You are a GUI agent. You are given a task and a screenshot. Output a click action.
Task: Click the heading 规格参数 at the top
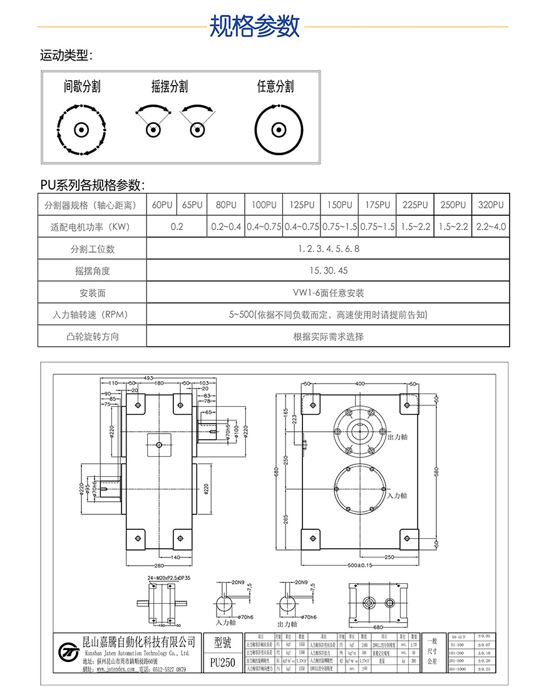[254, 26]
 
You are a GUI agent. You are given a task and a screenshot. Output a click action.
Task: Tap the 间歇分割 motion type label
[82, 86]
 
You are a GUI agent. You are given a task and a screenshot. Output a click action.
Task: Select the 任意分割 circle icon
[275, 130]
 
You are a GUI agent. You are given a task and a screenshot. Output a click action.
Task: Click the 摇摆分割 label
[170, 86]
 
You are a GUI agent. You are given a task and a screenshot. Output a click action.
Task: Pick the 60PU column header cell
[162, 205]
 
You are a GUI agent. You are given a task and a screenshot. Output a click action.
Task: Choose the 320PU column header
[490, 205]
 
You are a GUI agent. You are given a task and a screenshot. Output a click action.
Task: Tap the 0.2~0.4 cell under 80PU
[225, 226]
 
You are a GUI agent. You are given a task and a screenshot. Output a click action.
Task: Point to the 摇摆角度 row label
[92, 271]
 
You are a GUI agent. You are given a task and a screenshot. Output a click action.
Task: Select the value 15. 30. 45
[328, 271]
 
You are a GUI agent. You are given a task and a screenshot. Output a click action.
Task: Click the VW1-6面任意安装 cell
[328, 293]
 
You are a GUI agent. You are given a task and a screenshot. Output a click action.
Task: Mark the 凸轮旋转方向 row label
[92, 337]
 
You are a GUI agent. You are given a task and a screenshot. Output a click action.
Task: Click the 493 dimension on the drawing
[148, 378]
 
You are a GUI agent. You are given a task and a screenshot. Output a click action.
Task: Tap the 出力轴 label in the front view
[398, 437]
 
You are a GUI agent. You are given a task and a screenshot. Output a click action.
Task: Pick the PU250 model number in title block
[223, 662]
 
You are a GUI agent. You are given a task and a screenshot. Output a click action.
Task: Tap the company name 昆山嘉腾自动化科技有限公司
[139, 641]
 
